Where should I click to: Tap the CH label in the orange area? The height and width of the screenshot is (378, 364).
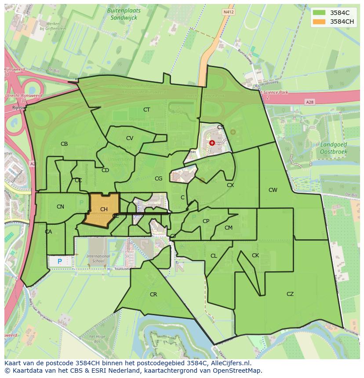[x=104, y=209]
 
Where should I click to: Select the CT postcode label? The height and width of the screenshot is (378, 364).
[x=146, y=110]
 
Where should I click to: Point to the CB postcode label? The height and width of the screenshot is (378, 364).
[x=64, y=144]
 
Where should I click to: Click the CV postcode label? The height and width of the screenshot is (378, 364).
[x=129, y=138]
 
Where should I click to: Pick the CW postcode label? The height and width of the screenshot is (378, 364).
[x=273, y=190]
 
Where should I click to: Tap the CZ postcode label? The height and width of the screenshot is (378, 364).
[x=290, y=294]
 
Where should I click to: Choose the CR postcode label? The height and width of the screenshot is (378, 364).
[x=153, y=295]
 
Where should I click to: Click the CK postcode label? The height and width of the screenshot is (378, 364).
[x=255, y=256]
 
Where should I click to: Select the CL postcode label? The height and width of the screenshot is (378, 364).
[x=214, y=256]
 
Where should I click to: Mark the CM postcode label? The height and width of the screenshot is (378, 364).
[x=228, y=228]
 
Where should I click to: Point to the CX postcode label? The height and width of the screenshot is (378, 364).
[x=230, y=185]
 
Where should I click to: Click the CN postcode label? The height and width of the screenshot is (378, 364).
[x=60, y=207]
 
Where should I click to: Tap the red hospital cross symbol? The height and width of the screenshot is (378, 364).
[x=212, y=143]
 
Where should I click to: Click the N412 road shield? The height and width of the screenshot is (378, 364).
[x=228, y=12]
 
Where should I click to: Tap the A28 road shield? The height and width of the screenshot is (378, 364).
[x=309, y=102]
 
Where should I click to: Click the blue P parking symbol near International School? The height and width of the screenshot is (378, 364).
[x=60, y=261]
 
